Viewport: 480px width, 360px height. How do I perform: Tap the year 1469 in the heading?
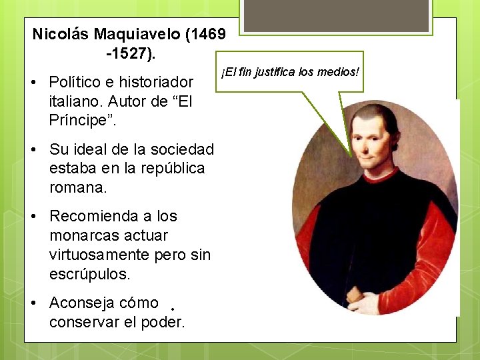tap(207, 33)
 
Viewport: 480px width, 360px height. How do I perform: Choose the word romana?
tap(77, 188)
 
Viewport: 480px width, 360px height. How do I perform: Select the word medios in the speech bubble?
tap(339, 71)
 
